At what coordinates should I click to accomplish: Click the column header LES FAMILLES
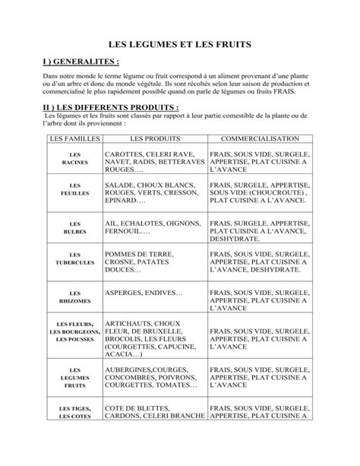tap(74, 140)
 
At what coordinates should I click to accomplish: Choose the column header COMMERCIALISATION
tap(259, 140)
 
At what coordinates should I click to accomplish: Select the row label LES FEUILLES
tap(74, 189)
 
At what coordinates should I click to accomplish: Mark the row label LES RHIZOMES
tap(74, 297)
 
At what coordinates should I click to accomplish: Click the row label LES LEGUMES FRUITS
tap(74, 376)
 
